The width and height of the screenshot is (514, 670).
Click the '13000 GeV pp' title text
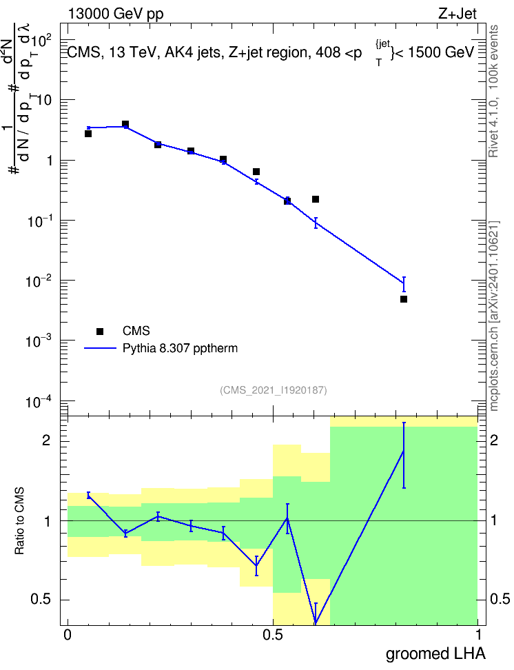pyautogui.click(x=116, y=14)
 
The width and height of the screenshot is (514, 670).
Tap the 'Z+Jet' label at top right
pyautogui.click(x=458, y=14)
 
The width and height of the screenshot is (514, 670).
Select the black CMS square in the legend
pyautogui.click(x=100, y=331)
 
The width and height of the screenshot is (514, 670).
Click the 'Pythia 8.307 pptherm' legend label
pyautogui.click(x=180, y=348)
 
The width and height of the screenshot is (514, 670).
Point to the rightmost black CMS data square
pyautogui.click(x=404, y=299)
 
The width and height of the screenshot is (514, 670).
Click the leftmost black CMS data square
pyautogui.click(x=88, y=134)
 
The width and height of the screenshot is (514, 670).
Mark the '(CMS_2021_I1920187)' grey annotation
pyautogui.click(x=274, y=390)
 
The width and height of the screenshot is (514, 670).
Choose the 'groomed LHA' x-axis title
pyautogui.click(x=436, y=654)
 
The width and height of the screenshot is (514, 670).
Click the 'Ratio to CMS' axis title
pyautogui.click(x=19, y=521)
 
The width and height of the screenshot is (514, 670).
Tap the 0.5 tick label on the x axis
pyautogui.click(x=273, y=635)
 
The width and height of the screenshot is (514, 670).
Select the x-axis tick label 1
pyautogui.click(x=479, y=635)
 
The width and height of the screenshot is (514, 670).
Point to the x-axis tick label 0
pyautogui.click(x=68, y=635)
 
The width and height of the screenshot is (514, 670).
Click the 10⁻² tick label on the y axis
pyautogui.click(x=39, y=281)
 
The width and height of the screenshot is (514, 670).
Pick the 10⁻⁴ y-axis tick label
pyautogui.click(x=39, y=401)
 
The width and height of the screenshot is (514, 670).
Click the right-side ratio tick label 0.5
pyautogui.click(x=500, y=599)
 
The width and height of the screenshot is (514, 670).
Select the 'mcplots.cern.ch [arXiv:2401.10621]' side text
pyautogui.click(x=494, y=316)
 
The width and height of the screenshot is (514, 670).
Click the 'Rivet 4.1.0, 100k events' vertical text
pyautogui.click(x=494, y=91)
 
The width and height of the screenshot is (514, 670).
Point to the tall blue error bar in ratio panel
pyautogui.click(x=404, y=456)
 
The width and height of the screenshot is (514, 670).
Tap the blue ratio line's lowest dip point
pyautogui.click(x=316, y=624)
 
